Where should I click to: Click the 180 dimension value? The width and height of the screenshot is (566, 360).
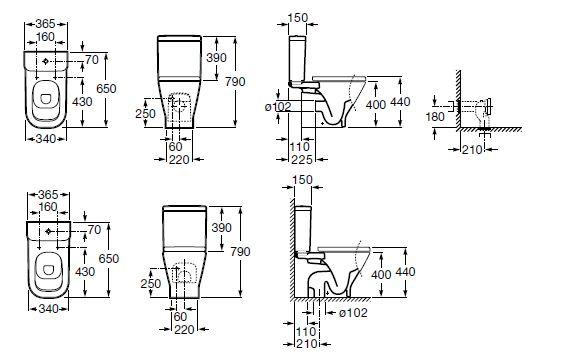(x=435, y=117)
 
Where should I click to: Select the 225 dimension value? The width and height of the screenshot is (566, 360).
(x=301, y=159)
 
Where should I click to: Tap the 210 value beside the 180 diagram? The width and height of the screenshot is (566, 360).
(x=472, y=149)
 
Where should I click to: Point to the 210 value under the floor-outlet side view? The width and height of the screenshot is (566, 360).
(x=307, y=344)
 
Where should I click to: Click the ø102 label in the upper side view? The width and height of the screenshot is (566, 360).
(x=278, y=107)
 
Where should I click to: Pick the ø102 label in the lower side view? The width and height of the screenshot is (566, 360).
(x=353, y=313)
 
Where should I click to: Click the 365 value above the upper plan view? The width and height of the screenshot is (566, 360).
(x=46, y=24)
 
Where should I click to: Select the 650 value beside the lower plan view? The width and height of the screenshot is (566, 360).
(x=109, y=259)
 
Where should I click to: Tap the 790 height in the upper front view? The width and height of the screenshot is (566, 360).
(x=235, y=82)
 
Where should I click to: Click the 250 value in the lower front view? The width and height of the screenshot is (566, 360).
(x=151, y=283)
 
